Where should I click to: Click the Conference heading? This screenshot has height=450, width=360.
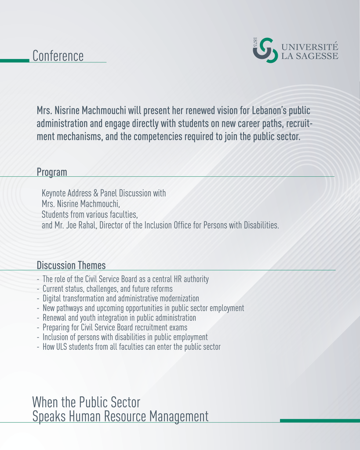[x=58, y=56]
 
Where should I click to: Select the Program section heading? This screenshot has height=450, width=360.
[x=52, y=172]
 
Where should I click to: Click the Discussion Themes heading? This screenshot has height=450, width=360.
[x=71, y=265]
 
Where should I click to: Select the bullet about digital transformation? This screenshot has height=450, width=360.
[x=120, y=298]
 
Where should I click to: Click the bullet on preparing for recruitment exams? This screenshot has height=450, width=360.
[x=115, y=327]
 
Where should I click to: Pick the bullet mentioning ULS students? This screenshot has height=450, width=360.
[x=131, y=347]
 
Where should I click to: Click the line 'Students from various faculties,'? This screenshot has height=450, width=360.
[x=90, y=215]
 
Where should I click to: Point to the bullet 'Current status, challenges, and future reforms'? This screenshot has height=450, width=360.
[x=107, y=289]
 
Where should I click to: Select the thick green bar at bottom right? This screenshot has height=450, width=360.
[x=320, y=421]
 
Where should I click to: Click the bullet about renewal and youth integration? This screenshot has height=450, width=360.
[x=119, y=318]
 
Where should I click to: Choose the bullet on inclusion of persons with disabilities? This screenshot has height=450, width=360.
[x=125, y=337]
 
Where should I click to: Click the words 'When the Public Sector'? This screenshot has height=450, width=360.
[x=86, y=402]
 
